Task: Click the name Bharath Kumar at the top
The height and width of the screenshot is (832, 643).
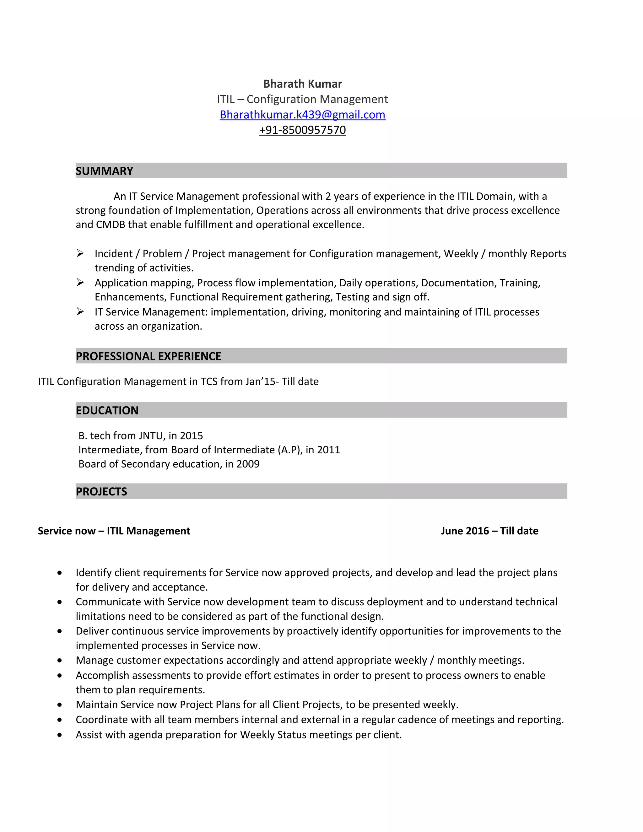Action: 302,84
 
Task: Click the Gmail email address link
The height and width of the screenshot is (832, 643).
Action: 302,115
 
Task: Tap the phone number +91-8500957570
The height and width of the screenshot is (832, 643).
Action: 302,130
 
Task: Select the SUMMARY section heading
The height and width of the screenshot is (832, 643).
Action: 104,171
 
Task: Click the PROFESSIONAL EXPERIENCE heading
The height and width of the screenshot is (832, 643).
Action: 148,356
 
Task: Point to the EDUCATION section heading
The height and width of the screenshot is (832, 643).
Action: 107,410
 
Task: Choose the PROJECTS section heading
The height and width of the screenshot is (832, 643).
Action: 101,491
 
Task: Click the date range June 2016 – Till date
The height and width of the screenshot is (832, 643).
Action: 489,531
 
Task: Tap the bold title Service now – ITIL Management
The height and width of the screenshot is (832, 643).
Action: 114,531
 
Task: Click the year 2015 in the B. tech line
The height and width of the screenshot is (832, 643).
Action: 191,435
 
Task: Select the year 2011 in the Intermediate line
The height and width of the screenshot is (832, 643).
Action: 328,450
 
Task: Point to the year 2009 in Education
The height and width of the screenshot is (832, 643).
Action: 248,464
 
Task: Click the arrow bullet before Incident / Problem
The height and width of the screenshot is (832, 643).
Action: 80,253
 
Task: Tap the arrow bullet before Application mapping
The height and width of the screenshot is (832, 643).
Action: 80,282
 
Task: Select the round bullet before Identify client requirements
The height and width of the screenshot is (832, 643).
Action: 59,573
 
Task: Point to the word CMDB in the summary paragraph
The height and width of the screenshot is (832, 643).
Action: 111,225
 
